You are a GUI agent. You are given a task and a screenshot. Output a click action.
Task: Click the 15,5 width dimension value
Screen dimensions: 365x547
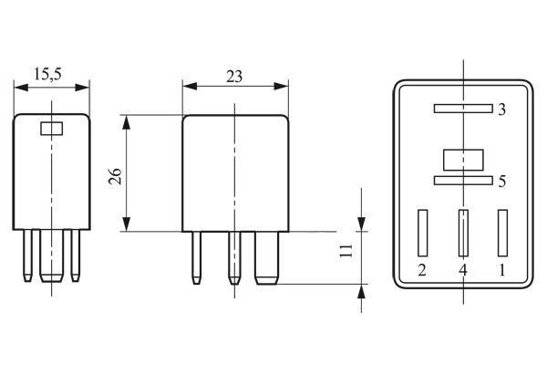pyautogui.click(x=52, y=73)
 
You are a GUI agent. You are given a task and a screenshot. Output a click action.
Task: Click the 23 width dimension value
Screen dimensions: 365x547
pyautogui.click(x=234, y=77)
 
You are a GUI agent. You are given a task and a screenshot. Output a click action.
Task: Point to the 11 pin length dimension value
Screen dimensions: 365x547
pyautogui.click(x=346, y=252)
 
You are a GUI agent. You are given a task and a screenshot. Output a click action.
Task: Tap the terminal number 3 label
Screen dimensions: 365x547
pyautogui.click(x=501, y=109)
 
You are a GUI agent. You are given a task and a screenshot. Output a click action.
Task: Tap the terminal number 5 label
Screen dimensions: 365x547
pyautogui.click(x=501, y=182)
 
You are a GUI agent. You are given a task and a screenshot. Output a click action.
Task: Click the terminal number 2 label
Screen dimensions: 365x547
pyautogui.click(x=421, y=270)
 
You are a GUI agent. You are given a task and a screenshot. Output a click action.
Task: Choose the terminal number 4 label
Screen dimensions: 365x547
pyautogui.click(x=463, y=270)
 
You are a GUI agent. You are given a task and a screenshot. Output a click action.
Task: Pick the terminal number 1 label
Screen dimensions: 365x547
pyautogui.click(x=501, y=270)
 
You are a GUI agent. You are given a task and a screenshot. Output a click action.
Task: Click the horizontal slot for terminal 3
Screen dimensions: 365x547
pyautogui.click(x=462, y=109)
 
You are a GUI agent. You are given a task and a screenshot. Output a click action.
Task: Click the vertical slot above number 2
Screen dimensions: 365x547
pyautogui.click(x=422, y=234)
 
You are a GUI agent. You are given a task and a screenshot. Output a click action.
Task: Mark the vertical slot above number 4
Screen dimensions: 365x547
pyautogui.click(x=463, y=234)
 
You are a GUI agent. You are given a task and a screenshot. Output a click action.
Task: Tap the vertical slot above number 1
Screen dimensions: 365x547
pyautogui.click(x=501, y=234)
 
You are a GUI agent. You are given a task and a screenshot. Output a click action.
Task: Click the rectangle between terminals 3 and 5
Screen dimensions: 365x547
pyautogui.click(x=462, y=160)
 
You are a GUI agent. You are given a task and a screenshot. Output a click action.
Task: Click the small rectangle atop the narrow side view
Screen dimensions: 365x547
pyautogui.click(x=52, y=128)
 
